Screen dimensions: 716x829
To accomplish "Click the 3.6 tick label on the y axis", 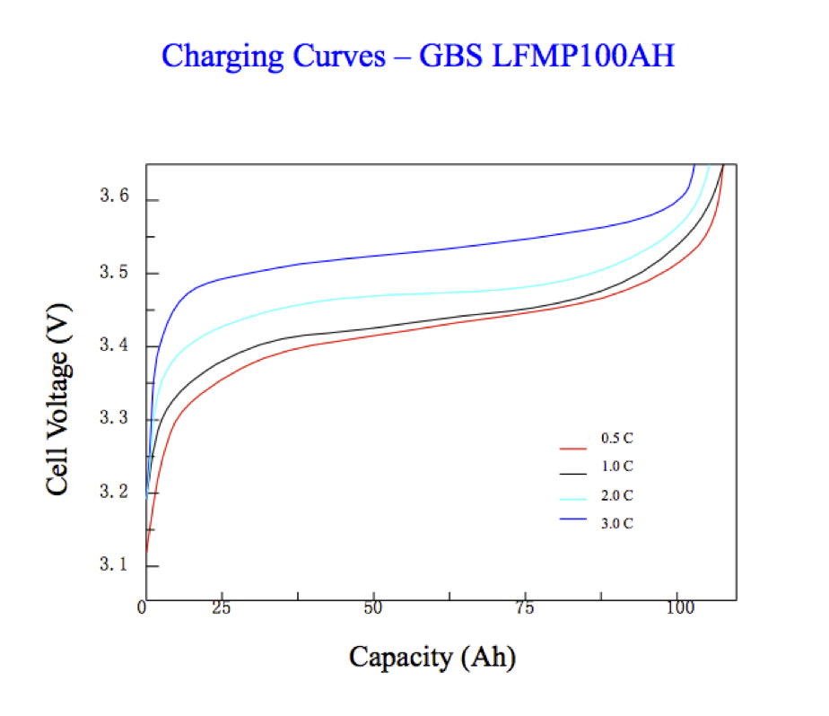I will (x=116, y=197).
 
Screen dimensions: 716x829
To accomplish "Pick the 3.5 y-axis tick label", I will (x=116, y=273).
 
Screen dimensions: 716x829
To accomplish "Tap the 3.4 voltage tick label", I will (x=116, y=346).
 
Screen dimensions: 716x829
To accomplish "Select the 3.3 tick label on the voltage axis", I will (x=116, y=420).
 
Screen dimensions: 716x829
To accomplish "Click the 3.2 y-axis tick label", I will (x=116, y=493).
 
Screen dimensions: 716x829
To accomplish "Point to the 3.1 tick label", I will (x=116, y=566).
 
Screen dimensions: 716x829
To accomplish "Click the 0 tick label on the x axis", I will (x=143, y=608).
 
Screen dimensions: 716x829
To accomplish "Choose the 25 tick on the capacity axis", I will (x=221, y=608).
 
